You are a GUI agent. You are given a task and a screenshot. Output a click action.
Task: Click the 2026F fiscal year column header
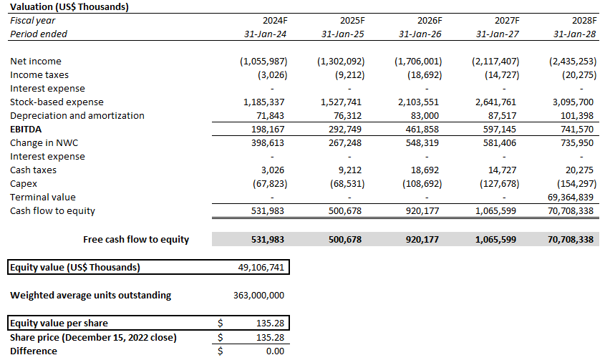click(429, 21)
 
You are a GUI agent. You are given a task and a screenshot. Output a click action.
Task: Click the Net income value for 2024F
click(263, 62)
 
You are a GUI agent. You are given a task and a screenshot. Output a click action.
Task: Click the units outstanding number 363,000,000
click(258, 295)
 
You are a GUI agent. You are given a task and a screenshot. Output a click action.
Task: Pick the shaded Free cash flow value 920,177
click(421, 239)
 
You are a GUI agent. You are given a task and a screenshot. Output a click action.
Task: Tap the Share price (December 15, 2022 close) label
click(93, 337)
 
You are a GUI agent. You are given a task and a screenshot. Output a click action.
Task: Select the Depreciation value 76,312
click(346, 116)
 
